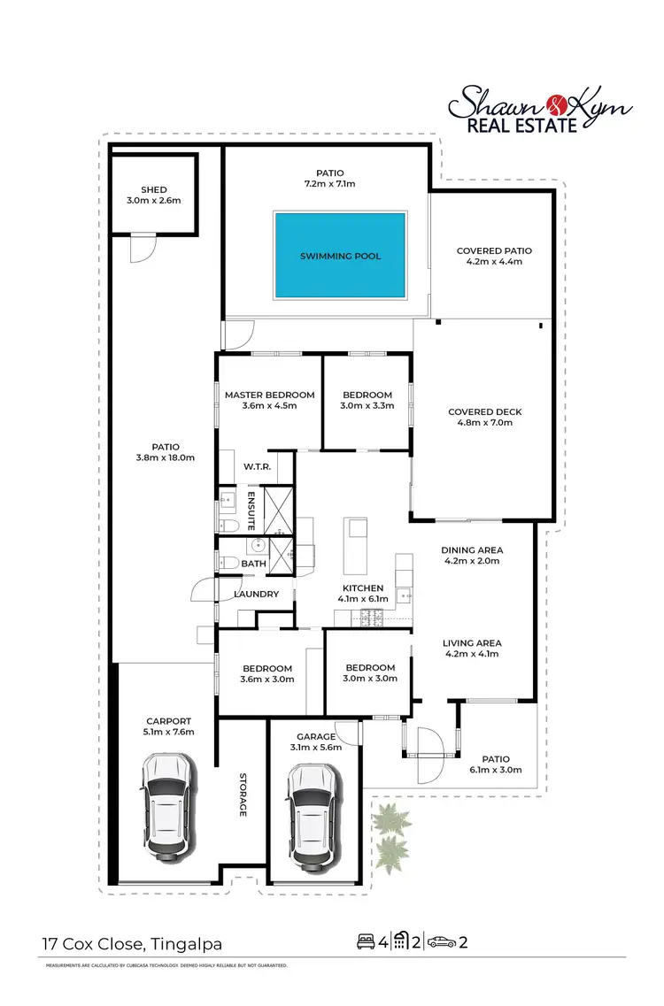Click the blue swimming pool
(341, 255)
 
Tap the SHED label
(153, 190)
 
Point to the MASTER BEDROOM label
(269, 395)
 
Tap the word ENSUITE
(251, 510)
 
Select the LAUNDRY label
(257, 595)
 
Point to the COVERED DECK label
(485, 412)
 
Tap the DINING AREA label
(471, 550)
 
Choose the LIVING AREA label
(472, 643)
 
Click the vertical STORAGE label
(242, 795)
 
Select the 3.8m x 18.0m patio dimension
(165, 457)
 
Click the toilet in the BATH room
(227, 563)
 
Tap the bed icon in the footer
(365, 941)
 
